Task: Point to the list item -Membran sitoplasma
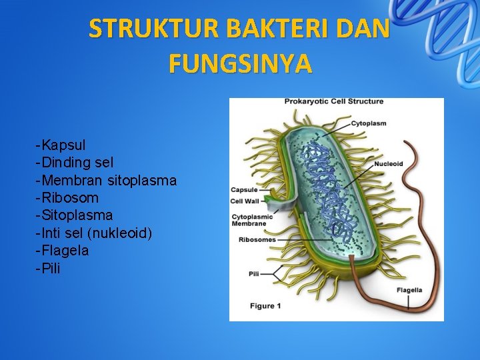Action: point(106,180)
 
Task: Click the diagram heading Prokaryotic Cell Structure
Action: point(334,101)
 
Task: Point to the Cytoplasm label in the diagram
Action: point(369,123)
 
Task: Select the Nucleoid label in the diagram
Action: point(388,164)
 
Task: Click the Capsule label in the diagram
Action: point(244,190)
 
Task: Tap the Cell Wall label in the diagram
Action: point(245,200)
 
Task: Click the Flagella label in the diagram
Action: point(409,290)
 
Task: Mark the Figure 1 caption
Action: point(265,305)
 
